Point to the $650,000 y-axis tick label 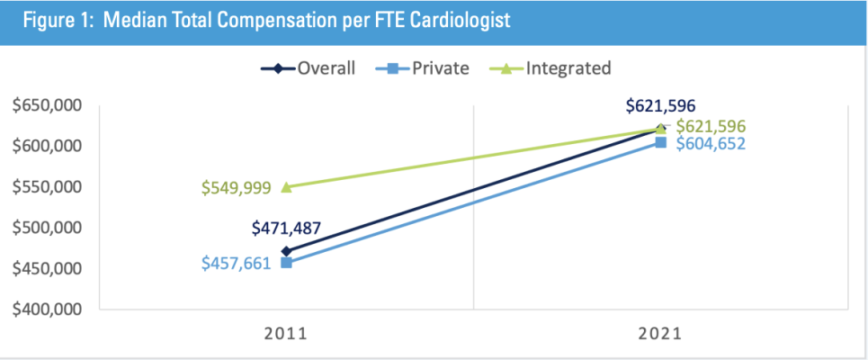pos(47,105)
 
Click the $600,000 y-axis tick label pos(47,146)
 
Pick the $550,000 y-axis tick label pos(47,187)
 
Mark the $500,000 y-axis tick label pos(47,228)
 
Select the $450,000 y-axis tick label pos(47,268)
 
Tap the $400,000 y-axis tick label pos(47,310)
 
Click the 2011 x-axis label pos(286,332)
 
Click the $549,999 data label pos(236,188)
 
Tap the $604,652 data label pos(711,144)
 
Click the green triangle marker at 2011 pos(286,187)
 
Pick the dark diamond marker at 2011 pos(286,251)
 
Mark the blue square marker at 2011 pos(286,263)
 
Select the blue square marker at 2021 pos(661,142)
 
